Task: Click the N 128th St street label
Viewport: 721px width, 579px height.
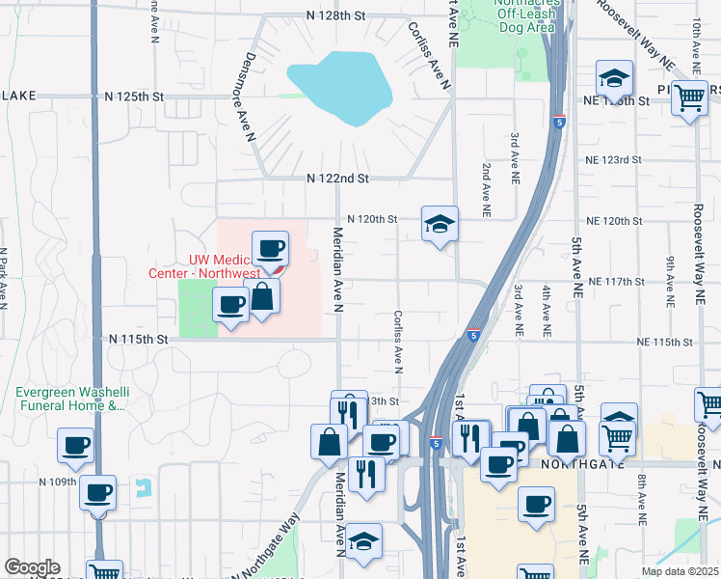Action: (x=336, y=16)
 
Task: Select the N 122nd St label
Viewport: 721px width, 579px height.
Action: (x=337, y=179)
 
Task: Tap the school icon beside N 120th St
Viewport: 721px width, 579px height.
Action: (x=440, y=225)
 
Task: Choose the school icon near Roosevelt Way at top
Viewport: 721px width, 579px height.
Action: (x=614, y=80)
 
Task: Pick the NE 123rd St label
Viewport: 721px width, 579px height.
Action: (x=613, y=159)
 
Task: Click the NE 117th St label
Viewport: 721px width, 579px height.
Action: (x=614, y=281)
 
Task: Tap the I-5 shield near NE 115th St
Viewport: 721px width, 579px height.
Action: (x=472, y=335)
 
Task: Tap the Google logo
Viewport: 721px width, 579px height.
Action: (x=32, y=567)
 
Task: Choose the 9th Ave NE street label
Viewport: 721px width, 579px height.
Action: (x=668, y=276)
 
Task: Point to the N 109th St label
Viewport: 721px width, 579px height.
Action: (x=57, y=481)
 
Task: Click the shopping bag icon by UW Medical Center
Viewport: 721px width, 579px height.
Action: (x=262, y=298)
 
